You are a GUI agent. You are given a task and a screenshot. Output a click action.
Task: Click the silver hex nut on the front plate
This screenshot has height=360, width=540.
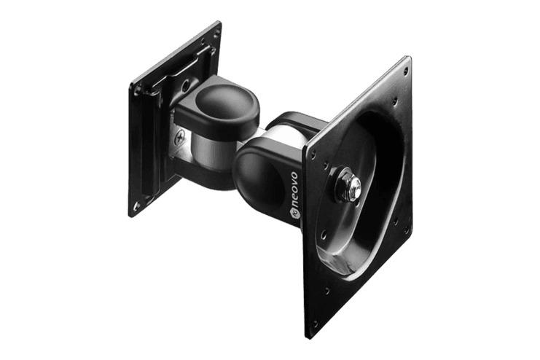point(353,187)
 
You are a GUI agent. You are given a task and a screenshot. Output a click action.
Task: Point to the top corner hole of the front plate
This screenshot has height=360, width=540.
point(406,69)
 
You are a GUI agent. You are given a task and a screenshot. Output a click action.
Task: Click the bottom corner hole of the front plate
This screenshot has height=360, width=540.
point(315,324)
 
